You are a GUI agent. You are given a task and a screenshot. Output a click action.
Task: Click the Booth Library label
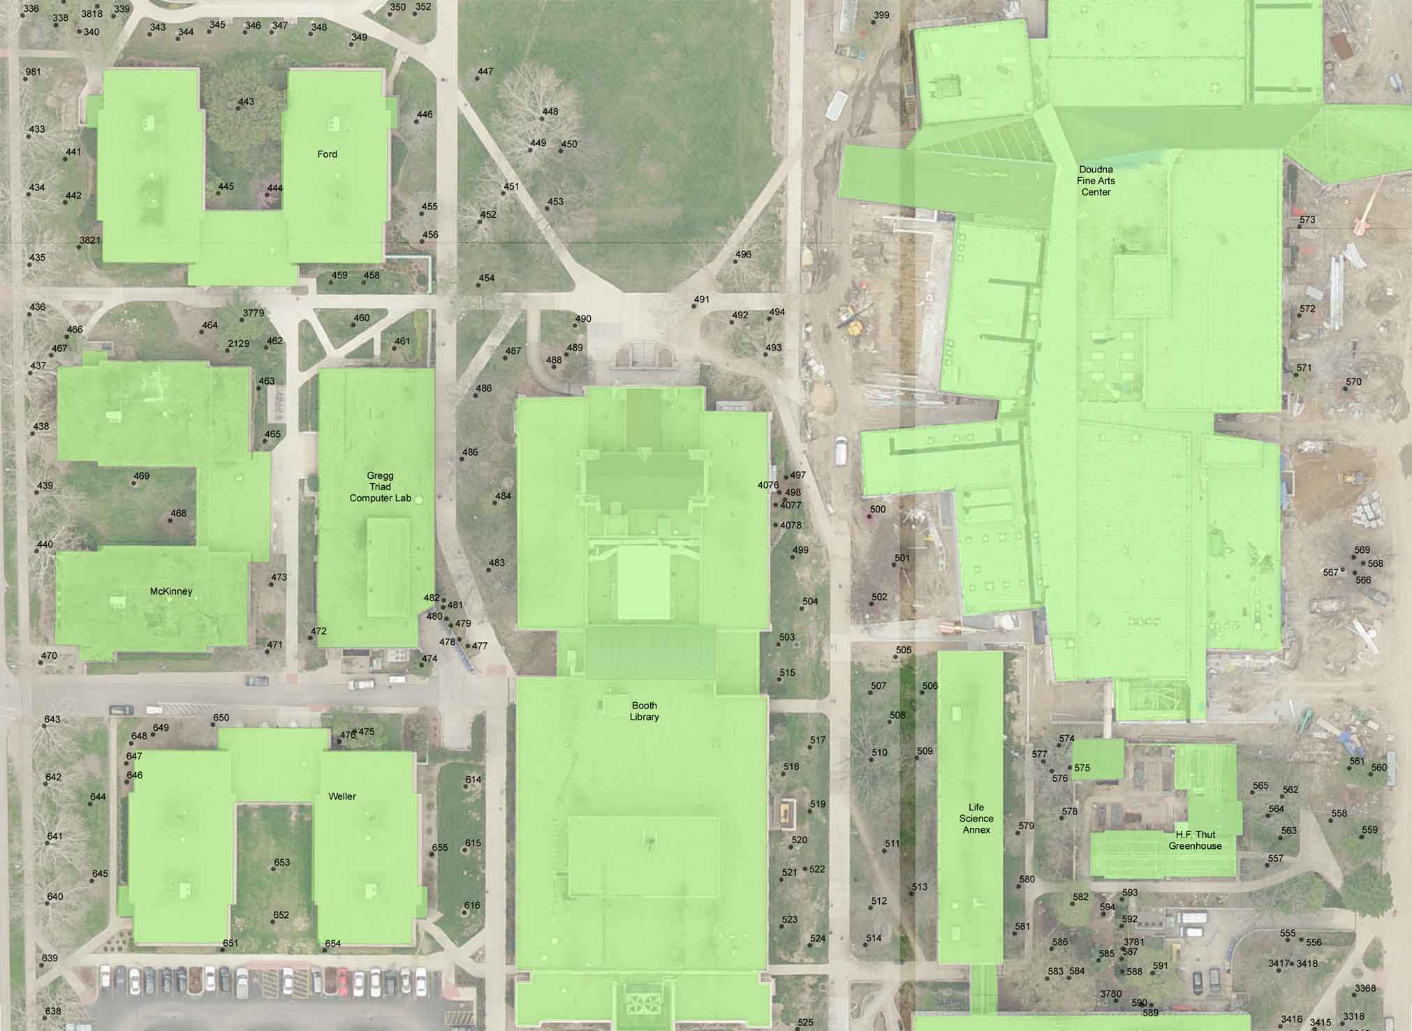click(644, 711)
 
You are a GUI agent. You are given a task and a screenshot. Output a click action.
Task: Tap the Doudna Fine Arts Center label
click(1096, 181)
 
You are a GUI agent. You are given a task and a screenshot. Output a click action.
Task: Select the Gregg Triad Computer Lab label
click(380, 487)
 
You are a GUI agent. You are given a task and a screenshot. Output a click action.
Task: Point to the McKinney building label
click(171, 591)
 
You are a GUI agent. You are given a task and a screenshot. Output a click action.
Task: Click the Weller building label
click(342, 796)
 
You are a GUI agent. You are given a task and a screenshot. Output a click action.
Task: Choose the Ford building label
click(327, 154)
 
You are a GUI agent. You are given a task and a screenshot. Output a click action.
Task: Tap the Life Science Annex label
click(976, 819)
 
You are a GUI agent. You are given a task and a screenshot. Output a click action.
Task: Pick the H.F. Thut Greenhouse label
click(1196, 840)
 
